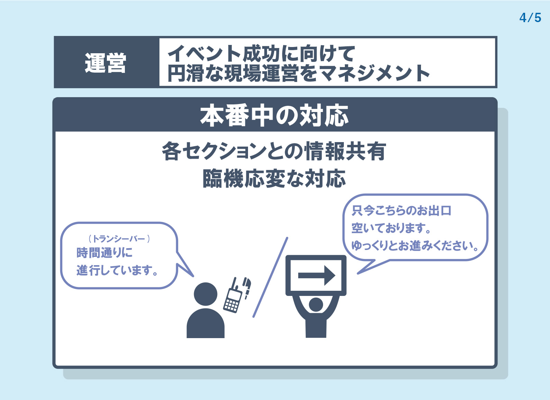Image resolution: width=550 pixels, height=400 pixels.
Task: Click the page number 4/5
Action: click(x=530, y=18)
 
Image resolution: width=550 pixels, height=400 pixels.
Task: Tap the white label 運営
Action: click(x=106, y=63)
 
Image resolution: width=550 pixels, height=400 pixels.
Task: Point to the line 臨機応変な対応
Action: click(x=274, y=178)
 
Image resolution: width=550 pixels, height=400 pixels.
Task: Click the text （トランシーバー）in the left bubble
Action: click(x=119, y=239)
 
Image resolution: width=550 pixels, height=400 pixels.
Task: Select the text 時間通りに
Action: click(x=104, y=252)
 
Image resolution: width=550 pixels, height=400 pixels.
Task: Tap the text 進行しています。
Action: click(x=117, y=270)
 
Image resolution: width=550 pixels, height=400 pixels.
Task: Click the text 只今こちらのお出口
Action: click(x=402, y=211)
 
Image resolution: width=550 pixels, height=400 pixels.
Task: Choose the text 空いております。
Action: click(x=391, y=228)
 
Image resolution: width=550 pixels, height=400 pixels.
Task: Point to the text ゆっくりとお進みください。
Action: click(x=415, y=246)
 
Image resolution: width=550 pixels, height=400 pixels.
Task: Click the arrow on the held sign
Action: click(x=317, y=275)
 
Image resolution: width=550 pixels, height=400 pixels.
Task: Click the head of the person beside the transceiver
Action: click(x=205, y=294)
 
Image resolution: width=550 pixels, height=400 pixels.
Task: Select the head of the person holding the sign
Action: click(x=316, y=305)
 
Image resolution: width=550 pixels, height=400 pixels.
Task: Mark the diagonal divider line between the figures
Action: click(x=271, y=277)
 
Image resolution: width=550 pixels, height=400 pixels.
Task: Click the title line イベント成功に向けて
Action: click(x=261, y=53)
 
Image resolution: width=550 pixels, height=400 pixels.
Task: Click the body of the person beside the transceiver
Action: click(x=205, y=324)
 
